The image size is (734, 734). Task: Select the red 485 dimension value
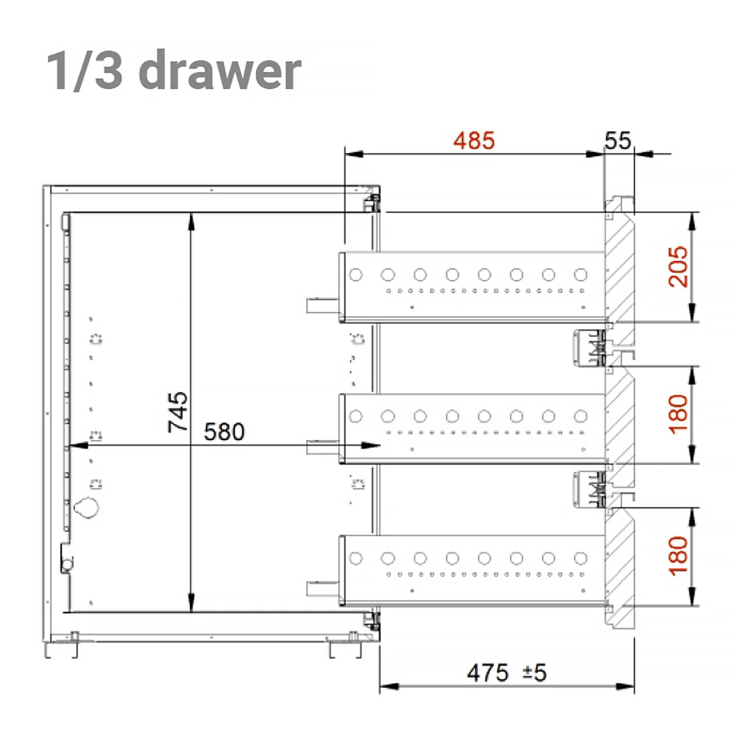point(474,141)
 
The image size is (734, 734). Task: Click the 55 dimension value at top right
point(617,141)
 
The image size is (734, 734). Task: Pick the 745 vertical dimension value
point(178,412)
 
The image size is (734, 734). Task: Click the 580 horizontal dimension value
point(224,432)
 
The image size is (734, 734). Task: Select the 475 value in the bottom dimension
point(487,673)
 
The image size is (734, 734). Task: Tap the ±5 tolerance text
point(535,673)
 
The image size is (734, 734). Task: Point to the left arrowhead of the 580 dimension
point(78,446)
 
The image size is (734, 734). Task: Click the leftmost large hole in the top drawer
point(356,274)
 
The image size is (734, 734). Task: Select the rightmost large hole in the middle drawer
point(581,417)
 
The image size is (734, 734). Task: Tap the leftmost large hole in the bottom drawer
point(356,558)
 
